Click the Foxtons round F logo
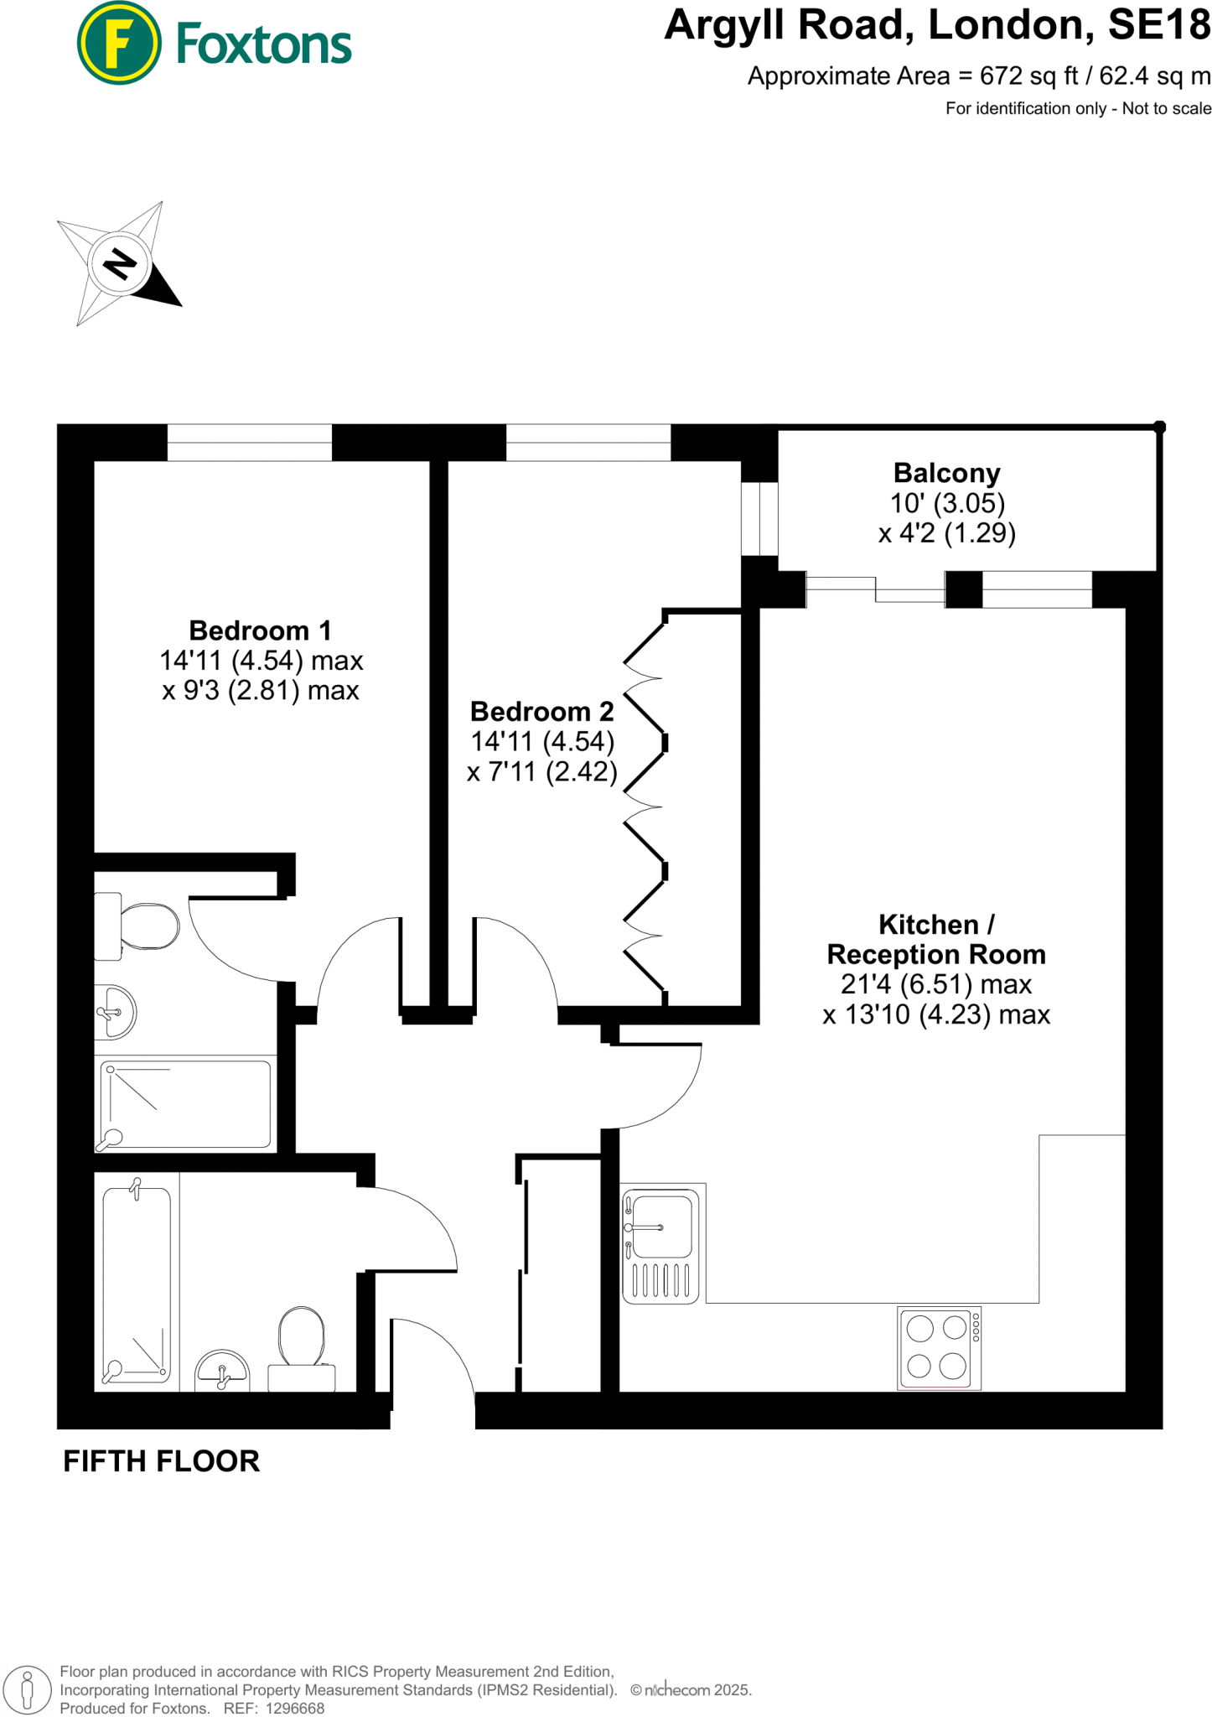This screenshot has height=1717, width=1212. [118, 43]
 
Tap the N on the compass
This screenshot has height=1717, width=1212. [119, 264]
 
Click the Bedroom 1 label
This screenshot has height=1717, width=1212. [260, 630]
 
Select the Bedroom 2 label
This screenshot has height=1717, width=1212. [541, 712]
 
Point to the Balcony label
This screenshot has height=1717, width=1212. [946, 474]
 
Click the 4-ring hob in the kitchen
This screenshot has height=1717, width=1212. [938, 1348]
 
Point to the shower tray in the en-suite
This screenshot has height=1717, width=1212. [186, 1104]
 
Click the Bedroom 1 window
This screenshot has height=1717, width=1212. [250, 443]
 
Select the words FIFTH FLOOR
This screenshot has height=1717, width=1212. [162, 1461]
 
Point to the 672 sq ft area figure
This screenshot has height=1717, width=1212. [1028, 76]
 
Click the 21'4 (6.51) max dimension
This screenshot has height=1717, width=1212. [936, 984]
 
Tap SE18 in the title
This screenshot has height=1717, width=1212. [1159, 25]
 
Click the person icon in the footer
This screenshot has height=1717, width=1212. [28, 1688]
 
